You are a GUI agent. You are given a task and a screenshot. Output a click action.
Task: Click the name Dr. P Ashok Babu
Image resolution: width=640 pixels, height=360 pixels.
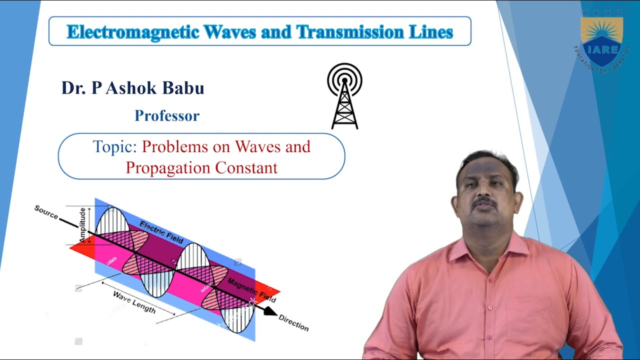pos(132,88)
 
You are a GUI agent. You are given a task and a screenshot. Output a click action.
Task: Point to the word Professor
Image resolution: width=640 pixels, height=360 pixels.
pos(167,116)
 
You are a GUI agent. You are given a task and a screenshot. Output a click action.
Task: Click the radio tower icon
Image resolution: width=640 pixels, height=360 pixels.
pos(344,96)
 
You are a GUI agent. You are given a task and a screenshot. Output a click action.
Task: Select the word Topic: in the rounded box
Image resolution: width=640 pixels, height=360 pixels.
pos(115,147)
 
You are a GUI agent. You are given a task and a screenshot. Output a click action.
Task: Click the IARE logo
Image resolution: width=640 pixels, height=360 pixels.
pos(602,42)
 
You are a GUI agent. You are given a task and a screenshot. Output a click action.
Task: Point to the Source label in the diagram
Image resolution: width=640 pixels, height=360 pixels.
pos(46,212)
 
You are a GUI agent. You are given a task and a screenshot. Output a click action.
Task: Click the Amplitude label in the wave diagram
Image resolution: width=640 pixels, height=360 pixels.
pos(83,225)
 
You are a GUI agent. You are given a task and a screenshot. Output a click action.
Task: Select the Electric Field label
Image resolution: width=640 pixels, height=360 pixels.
pos(161,232)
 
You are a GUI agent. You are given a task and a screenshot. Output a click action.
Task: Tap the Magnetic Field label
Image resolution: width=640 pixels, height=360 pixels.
pos(251,290)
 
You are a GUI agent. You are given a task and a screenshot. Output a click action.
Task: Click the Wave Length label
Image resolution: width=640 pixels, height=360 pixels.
pos(134,302)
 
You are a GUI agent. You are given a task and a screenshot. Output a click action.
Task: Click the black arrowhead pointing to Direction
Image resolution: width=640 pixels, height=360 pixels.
pos(270,311)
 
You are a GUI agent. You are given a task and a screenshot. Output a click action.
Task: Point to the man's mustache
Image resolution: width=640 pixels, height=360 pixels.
pos(484,202)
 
